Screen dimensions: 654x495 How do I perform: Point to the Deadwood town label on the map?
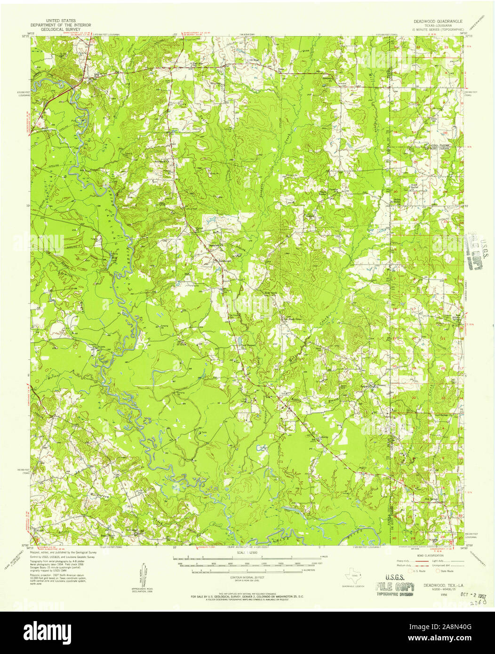(224, 260)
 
